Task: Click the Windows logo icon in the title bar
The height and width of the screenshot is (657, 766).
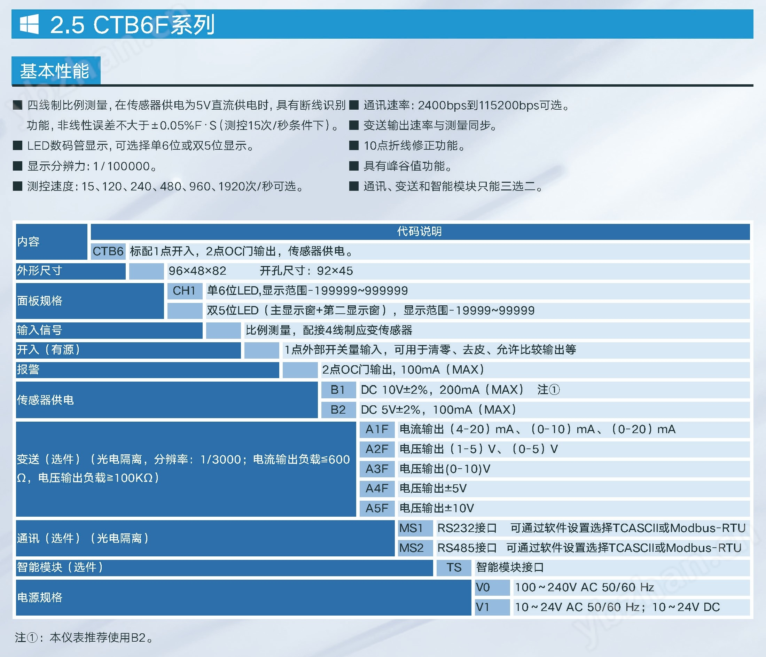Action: (29, 24)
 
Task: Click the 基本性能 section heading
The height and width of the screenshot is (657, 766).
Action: (55, 71)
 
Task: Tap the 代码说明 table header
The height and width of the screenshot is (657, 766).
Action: (419, 232)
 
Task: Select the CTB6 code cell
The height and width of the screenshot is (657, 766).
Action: (108, 251)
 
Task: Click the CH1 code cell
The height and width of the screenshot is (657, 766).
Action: (185, 291)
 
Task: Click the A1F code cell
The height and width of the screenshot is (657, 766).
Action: (377, 429)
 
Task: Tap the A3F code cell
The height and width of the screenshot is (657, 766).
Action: (377, 469)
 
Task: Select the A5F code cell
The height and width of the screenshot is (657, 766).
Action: (377, 508)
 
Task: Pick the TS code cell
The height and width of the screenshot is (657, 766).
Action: (454, 568)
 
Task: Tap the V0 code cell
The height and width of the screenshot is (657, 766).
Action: (492, 587)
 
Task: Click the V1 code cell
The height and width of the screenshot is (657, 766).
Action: (492, 607)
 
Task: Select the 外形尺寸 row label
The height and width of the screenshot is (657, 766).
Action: (39, 271)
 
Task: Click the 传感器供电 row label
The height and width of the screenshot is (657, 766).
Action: (45, 400)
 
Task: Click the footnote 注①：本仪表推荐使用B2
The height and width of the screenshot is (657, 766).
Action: (84, 638)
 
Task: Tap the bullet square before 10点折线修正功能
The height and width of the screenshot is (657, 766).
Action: (354, 145)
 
